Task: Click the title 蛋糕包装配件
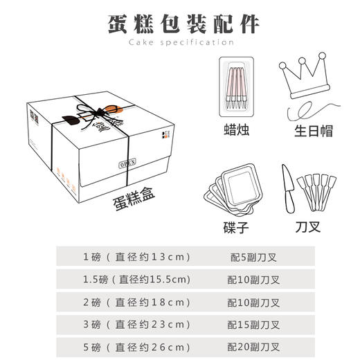point(184,23)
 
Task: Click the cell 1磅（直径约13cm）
point(136,258)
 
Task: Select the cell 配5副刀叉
point(253,258)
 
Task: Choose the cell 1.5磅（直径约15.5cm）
point(136,280)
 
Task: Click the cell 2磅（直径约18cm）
point(136,302)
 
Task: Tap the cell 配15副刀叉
point(253,324)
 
